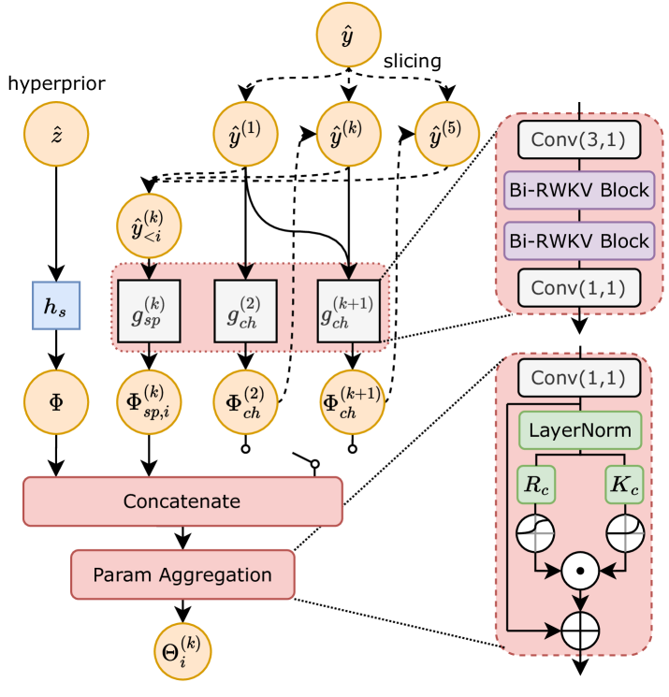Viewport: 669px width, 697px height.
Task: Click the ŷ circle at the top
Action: point(348,36)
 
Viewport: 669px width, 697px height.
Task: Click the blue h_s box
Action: point(56,305)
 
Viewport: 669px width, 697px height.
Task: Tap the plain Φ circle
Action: point(55,402)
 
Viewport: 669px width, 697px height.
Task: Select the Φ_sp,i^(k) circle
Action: point(149,402)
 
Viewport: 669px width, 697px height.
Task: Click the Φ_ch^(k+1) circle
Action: point(351,402)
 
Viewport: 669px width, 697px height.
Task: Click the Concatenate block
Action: point(182,501)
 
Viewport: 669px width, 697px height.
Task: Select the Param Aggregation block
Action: point(182,574)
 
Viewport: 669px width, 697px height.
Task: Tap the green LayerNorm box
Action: point(581,430)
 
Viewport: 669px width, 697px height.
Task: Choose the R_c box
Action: point(535,484)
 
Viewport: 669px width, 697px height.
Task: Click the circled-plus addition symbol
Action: point(581,630)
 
